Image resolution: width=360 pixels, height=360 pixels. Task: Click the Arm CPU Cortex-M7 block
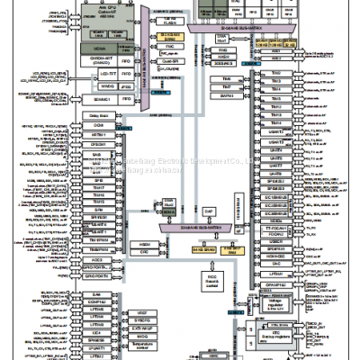click(101, 16)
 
